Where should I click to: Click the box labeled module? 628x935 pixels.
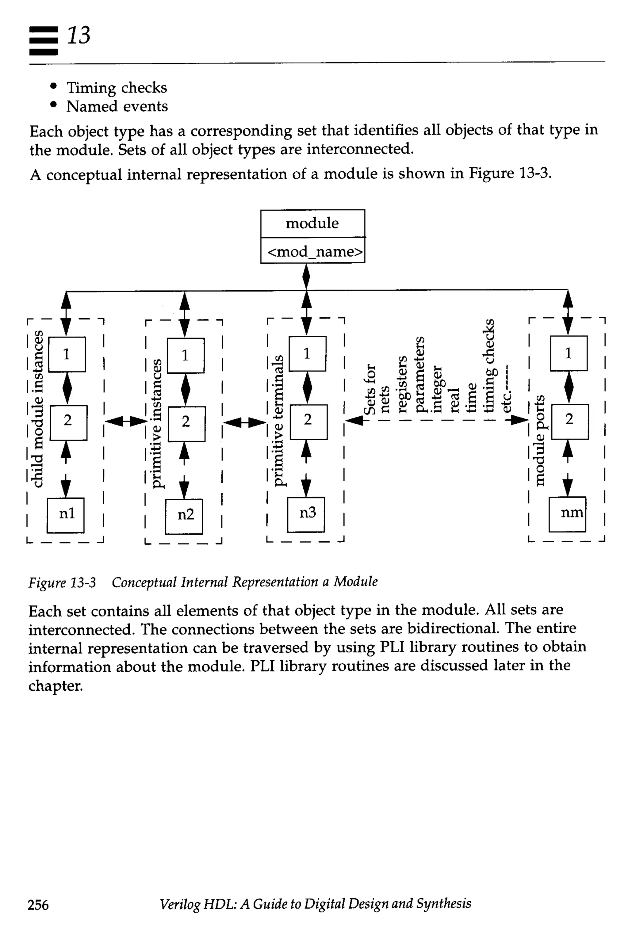(312, 223)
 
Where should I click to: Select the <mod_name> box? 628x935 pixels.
(313, 251)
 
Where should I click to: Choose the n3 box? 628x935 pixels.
(306, 514)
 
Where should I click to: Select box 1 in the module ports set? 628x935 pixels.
(569, 353)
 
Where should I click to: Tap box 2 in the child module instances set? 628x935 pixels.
(68, 422)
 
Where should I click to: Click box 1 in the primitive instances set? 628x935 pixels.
(186, 356)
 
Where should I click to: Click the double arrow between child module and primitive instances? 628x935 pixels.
(126, 421)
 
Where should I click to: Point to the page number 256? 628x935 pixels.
(38, 905)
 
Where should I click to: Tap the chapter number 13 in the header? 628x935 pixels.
(78, 35)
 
